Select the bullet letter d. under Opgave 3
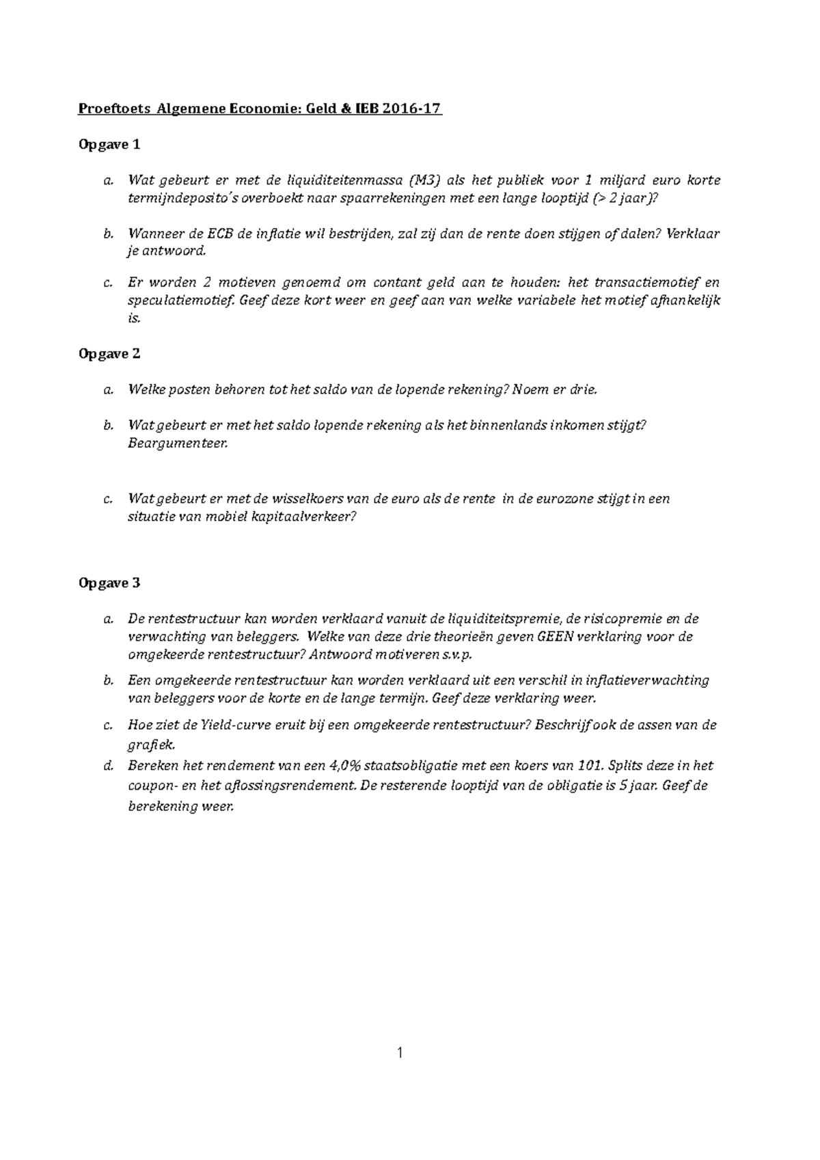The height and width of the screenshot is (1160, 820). pyautogui.click(x=107, y=767)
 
